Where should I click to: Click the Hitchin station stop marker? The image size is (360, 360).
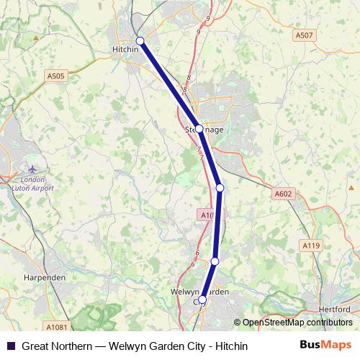pos(140,41)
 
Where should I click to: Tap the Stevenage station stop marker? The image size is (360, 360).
pos(199,130)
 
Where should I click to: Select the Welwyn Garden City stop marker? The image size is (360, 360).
pos(202,300)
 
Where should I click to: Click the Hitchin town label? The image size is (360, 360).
pos(127,50)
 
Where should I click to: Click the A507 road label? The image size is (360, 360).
pos(304,35)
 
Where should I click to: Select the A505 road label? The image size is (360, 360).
pos(55,74)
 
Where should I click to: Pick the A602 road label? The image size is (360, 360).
pos(284,193)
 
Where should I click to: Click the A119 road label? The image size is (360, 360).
pos(311,246)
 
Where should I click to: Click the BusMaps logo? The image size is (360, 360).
pos(325,346)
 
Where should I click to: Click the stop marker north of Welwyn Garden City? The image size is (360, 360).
pos(215,261)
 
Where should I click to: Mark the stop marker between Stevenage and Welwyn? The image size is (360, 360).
pos(220,188)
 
